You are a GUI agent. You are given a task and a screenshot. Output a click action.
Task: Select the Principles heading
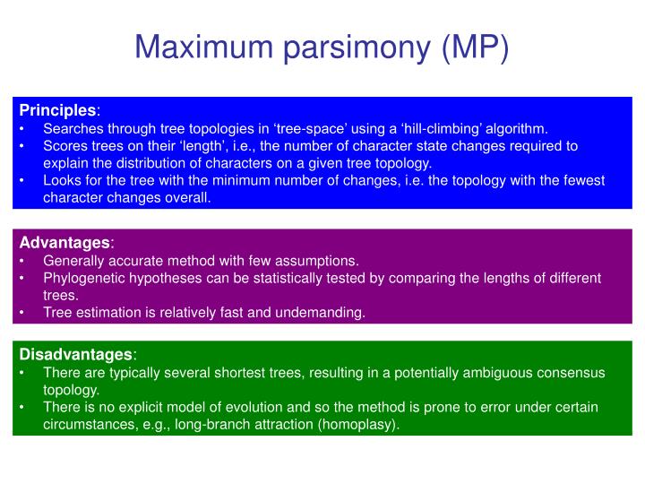point(57,110)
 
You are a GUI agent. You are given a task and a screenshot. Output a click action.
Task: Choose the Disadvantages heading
point(75,355)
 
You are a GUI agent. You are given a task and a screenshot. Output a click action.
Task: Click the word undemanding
point(324,312)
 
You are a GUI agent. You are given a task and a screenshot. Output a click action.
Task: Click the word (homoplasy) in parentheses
point(361,424)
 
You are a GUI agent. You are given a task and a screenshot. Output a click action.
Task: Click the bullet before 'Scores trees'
point(22,145)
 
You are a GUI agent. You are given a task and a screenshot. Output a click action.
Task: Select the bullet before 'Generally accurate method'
point(22,261)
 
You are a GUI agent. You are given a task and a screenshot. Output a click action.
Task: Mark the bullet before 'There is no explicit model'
point(22,407)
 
